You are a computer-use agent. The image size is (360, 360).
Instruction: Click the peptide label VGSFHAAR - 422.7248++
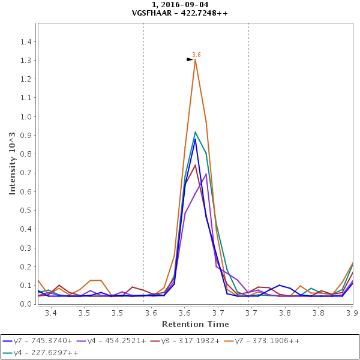point(180,13)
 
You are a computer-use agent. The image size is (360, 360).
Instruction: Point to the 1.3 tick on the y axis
point(27,60)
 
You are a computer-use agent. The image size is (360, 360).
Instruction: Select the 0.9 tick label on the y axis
point(27,135)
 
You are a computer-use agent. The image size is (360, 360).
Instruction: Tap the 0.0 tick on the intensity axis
point(27,304)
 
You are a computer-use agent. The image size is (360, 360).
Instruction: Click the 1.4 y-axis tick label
point(27,41)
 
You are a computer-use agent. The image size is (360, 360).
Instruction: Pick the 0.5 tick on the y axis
point(27,210)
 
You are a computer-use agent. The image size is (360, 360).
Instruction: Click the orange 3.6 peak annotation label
point(196,55)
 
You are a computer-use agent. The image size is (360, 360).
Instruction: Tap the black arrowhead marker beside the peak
point(190,59)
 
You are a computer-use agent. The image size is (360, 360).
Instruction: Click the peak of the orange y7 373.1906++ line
point(195,59)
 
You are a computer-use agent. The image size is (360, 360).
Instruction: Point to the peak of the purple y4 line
point(206,174)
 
